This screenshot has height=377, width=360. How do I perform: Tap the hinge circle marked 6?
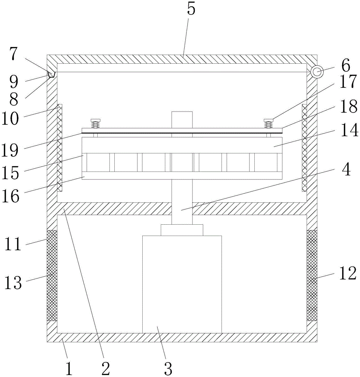click(316, 72)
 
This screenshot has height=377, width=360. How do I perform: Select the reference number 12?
click(347, 274)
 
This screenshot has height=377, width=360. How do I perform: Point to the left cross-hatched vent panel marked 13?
click(52, 275)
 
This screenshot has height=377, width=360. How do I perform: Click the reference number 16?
click(13, 196)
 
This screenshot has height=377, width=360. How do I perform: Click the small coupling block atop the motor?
click(182, 230)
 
